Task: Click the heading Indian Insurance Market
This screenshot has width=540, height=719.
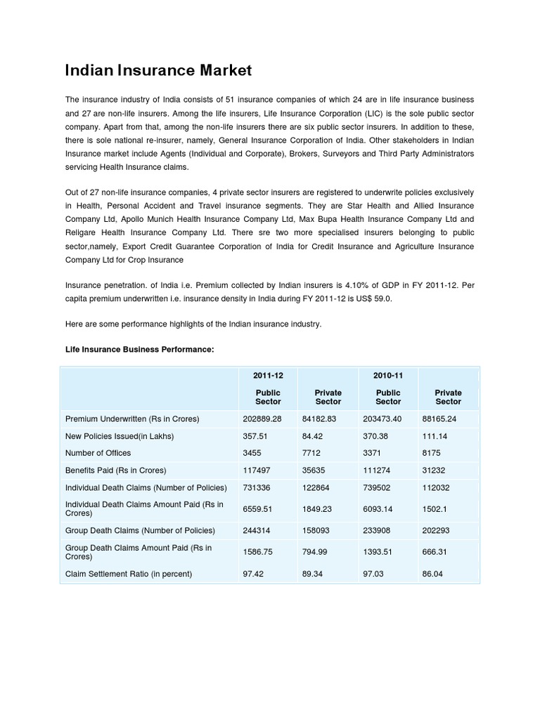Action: pyautogui.click(x=158, y=71)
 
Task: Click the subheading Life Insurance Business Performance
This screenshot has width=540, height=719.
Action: pyautogui.click(x=139, y=349)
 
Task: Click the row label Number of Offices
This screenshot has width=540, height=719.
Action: pyautogui.click(x=98, y=453)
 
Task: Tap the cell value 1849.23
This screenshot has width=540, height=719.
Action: pyautogui.click(x=318, y=509)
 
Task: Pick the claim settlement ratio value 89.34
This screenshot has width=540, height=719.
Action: pyautogui.click(x=314, y=574)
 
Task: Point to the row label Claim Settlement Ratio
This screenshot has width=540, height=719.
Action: pyautogui.click(x=129, y=574)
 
